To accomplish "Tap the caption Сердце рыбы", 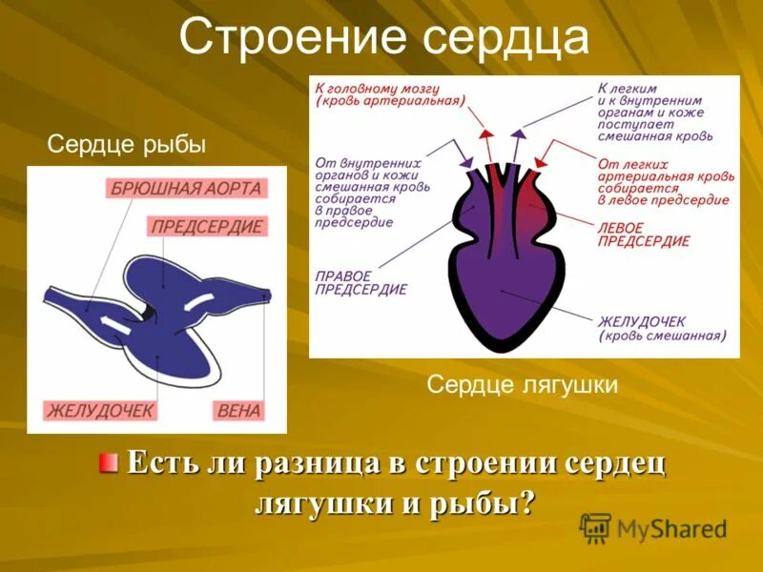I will [x=127, y=145].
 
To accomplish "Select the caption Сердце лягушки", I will [x=523, y=384].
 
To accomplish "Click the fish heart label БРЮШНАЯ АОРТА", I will [x=186, y=188].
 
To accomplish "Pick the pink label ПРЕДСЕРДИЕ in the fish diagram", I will [x=207, y=227].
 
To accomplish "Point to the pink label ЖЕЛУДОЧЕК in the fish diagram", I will [x=101, y=411].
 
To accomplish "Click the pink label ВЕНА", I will [x=238, y=411].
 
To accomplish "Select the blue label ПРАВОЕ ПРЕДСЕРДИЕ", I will [x=361, y=282].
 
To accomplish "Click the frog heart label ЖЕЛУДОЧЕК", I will [x=643, y=320].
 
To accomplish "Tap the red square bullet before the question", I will [x=110, y=463].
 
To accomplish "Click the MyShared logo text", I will [x=671, y=529].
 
